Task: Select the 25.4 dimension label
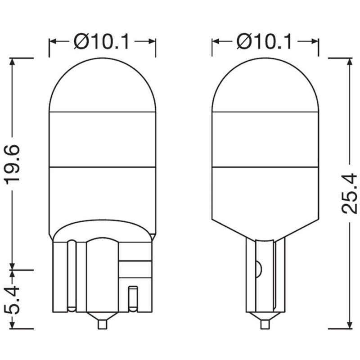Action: click(350, 194)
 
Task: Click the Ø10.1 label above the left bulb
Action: click(102, 41)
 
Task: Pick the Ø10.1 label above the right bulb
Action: click(264, 41)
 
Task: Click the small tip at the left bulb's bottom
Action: click(103, 324)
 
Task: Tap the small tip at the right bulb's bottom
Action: click(265, 324)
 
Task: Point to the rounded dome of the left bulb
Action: click(103, 85)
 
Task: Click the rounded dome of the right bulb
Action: click(265, 85)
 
